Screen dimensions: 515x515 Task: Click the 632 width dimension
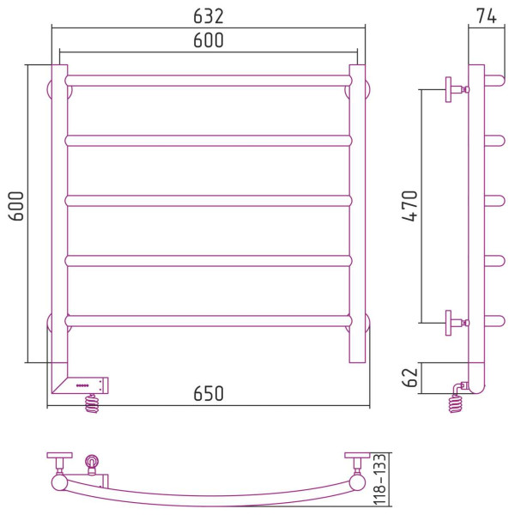[209, 16]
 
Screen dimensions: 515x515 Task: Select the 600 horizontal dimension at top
[209, 40]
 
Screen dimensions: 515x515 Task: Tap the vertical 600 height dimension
[16, 206]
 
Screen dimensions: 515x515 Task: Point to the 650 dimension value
[209, 393]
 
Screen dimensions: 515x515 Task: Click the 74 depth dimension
[487, 16]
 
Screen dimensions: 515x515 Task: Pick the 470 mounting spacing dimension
[409, 206]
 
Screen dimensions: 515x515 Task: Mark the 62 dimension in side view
[409, 378]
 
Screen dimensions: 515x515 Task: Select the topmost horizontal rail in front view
[209, 81]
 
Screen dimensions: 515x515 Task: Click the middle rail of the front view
[209, 201]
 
